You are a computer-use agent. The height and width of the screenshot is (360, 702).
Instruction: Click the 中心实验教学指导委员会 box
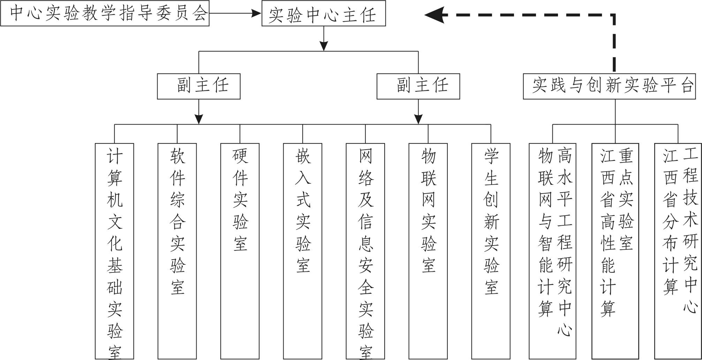[105, 13]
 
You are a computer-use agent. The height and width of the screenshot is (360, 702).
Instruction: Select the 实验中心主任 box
[323, 14]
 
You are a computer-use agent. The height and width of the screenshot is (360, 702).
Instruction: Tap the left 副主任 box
[198, 86]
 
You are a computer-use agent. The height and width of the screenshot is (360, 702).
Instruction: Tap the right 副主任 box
[418, 86]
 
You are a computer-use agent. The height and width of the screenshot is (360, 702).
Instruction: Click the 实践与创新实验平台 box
[609, 86]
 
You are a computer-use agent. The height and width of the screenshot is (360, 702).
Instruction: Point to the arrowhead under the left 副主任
[198, 119]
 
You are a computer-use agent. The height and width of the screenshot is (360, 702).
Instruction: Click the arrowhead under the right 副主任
[418, 119]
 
